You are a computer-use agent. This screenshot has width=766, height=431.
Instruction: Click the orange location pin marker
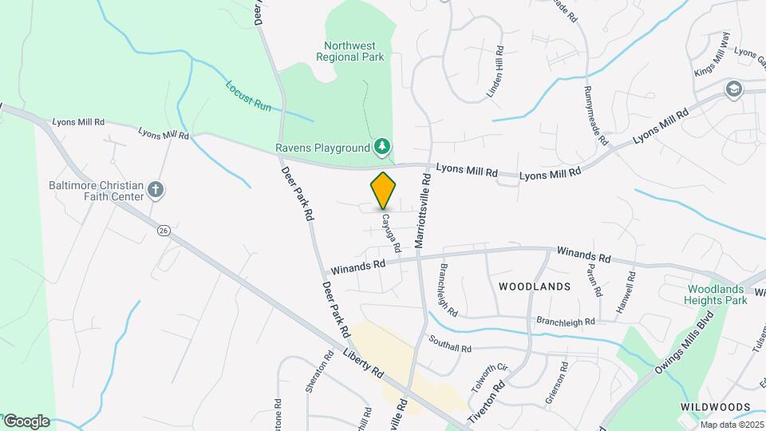384,191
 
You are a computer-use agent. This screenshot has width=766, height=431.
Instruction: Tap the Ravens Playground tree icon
384,147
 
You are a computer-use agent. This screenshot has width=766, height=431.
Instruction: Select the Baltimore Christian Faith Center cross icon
156,191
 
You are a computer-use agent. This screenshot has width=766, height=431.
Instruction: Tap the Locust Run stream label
249,95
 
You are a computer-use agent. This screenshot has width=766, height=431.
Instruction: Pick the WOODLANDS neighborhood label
535,286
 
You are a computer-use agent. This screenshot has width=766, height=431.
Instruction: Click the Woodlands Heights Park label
716,295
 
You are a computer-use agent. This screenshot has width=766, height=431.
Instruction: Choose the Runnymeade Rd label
595,115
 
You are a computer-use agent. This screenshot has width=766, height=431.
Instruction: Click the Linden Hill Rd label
496,73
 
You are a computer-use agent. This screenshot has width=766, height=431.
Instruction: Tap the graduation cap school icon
732,89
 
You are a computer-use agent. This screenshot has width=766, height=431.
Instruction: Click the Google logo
26,421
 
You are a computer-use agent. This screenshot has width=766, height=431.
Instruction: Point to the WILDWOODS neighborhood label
715,407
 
